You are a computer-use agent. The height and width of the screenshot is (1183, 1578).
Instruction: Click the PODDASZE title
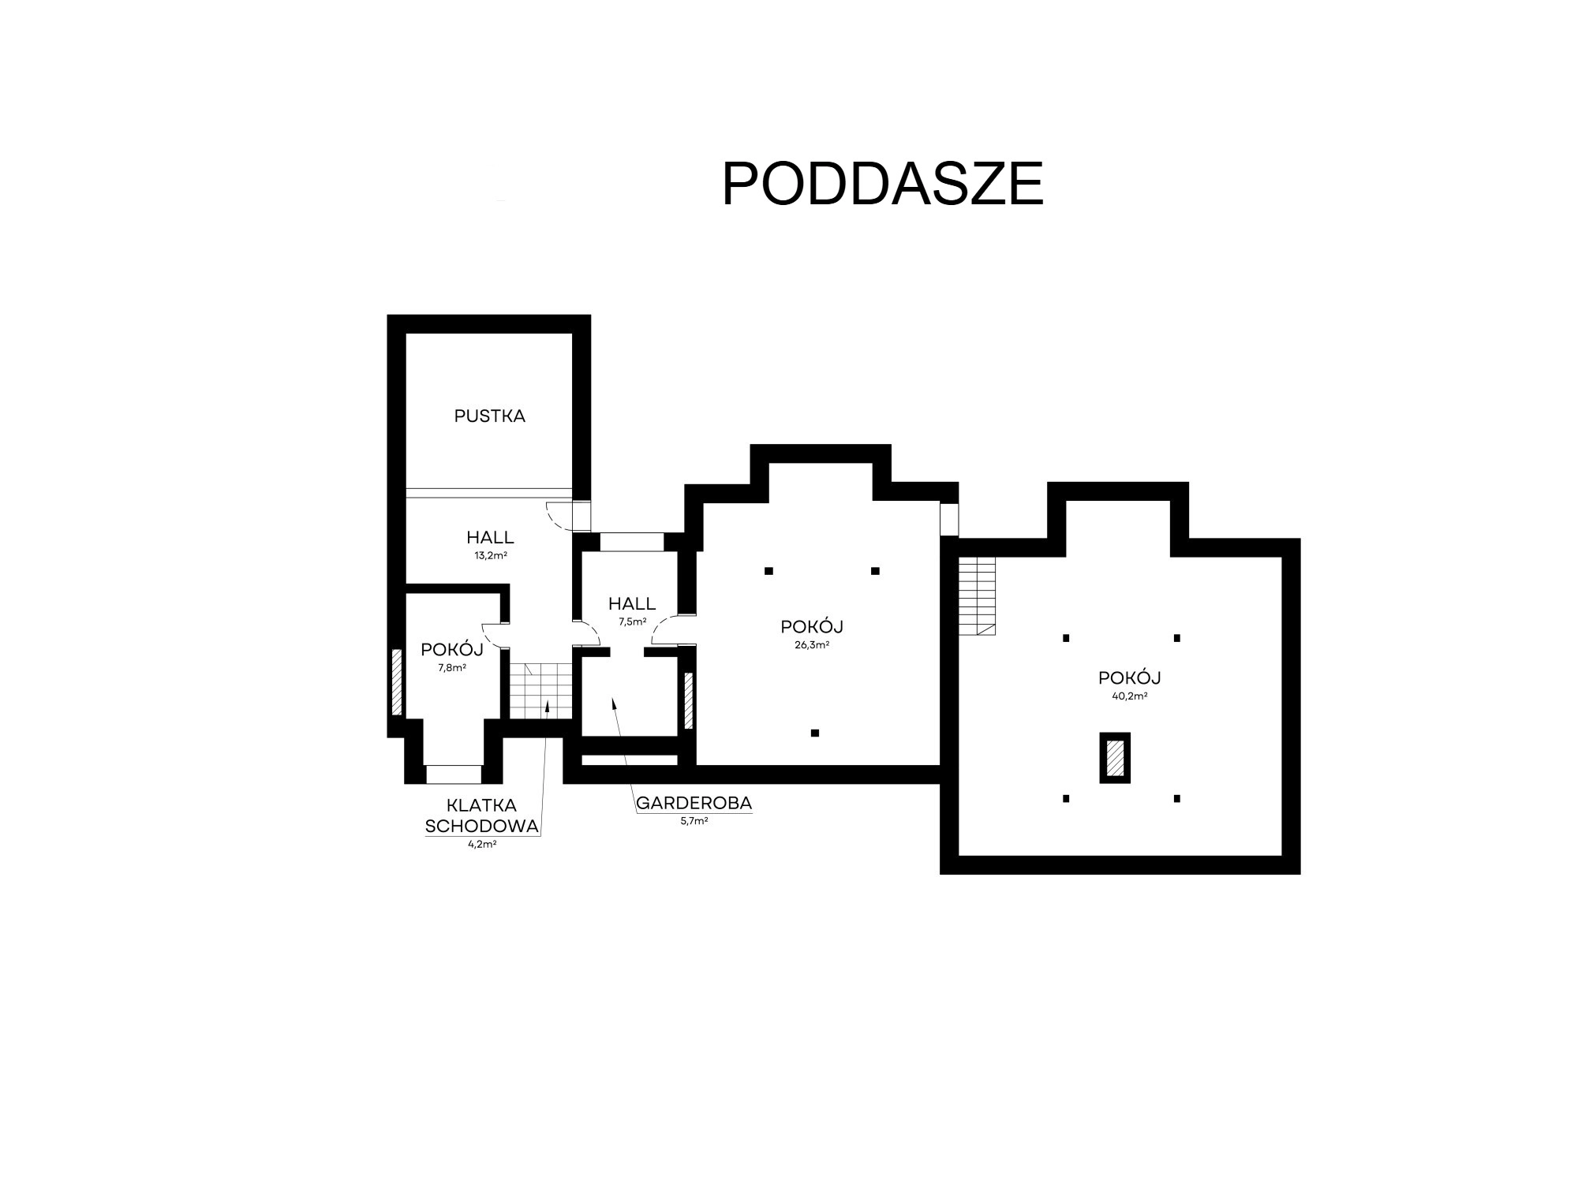coord(883,185)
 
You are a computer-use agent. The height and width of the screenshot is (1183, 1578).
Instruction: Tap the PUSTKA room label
coord(489,416)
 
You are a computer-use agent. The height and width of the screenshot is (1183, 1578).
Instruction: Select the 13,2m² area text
coord(490,555)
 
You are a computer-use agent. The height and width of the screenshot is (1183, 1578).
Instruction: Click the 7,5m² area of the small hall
coord(632,621)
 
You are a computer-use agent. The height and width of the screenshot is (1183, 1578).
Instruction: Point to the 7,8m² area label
coord(452,667)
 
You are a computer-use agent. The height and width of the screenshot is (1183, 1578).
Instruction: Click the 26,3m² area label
coord(812,644)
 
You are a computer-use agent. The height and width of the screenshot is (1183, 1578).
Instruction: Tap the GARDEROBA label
coord(694,803)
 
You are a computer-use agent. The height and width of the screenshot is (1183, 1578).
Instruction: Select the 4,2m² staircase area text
coord(481,844)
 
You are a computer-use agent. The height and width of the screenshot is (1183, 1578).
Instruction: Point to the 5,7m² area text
coord(694,821)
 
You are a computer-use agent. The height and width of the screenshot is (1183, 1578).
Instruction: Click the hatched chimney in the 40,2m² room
coord(1114,758)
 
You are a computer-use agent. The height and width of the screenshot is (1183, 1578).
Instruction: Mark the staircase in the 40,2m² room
coord(977,596)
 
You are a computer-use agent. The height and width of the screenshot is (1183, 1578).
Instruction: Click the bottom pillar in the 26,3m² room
coord(815,733)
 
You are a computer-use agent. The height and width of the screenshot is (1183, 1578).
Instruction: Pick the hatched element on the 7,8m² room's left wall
coord(397,682)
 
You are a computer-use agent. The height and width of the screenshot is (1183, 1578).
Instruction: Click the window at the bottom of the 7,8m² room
coord(454,774)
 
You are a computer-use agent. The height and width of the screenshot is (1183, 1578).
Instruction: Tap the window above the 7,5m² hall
coord(632,542)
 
